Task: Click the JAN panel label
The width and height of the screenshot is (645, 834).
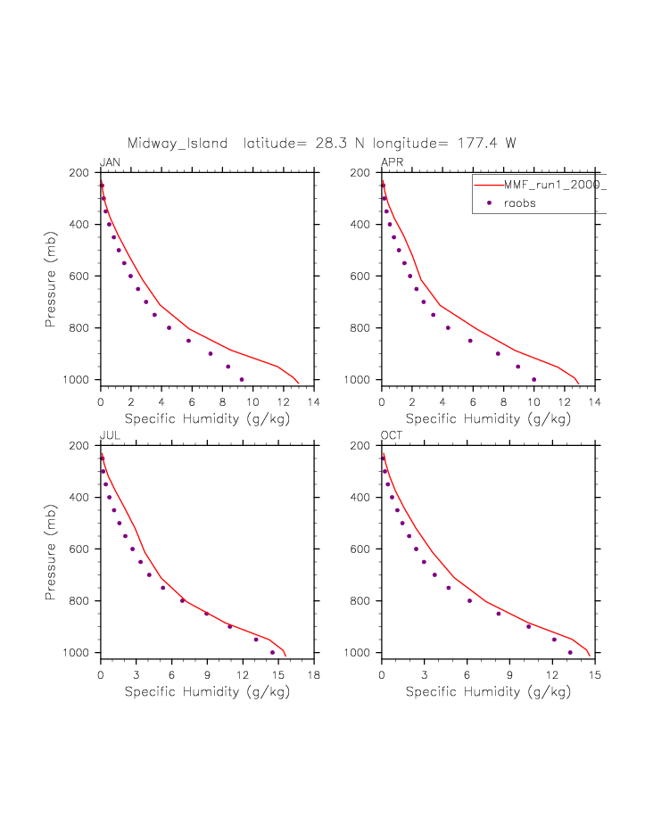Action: coord(110,161)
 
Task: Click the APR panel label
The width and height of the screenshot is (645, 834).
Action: coord(392,161)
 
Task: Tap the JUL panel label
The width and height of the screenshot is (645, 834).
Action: coord(110,434)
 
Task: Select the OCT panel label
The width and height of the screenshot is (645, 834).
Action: coord(393,434)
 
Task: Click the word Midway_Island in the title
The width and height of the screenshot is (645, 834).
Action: coord(178,143)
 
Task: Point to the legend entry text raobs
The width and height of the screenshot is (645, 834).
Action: coord(520,203)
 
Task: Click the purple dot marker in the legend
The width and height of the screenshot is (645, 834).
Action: coord(488,203)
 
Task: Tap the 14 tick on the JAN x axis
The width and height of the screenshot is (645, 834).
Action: coord(314,401)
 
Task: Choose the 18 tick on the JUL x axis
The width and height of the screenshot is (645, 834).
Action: coord(314,674)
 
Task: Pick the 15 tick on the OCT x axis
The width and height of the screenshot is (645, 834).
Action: coord(595,674)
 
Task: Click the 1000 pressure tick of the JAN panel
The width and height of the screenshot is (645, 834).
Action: coord(85,380)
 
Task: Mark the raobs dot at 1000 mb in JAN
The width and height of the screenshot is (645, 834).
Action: coord(241,379)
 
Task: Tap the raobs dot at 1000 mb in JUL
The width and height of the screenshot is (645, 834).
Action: coord(272,652)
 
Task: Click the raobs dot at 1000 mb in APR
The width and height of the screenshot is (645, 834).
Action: coord(533,379)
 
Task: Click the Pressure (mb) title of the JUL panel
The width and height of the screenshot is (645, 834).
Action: coord(53,549)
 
